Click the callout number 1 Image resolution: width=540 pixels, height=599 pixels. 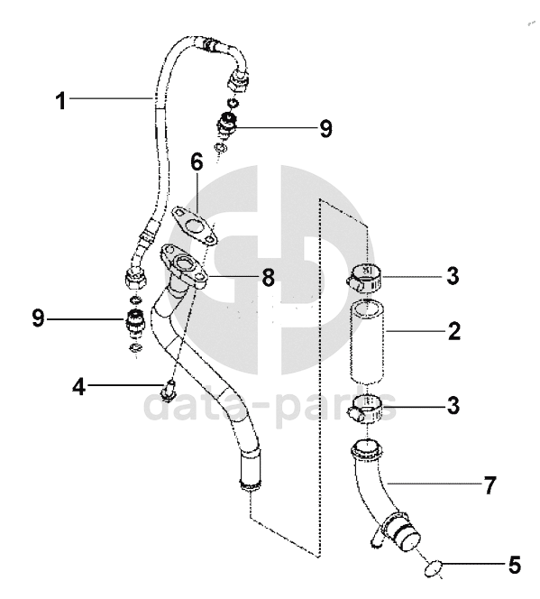60,101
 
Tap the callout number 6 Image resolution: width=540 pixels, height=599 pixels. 197,162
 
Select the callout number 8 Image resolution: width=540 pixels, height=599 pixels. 269,277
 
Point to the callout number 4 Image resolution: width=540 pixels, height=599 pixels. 78,387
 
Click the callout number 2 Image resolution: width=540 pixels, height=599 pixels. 454,331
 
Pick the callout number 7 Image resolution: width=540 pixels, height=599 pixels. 490,485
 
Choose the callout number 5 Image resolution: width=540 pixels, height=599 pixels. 515,565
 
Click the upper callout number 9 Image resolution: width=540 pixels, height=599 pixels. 326,128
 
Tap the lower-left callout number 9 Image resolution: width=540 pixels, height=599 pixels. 38,318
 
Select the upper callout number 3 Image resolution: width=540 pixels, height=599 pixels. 453,276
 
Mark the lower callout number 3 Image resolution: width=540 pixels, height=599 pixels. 453,405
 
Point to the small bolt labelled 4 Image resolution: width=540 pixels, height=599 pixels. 167,391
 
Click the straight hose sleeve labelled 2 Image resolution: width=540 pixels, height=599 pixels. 366,342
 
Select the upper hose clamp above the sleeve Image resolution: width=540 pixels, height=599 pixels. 364,278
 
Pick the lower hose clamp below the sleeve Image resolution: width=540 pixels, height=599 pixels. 364,409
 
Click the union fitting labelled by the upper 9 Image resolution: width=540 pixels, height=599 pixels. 227,124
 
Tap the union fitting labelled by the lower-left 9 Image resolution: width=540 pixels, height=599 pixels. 134,322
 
